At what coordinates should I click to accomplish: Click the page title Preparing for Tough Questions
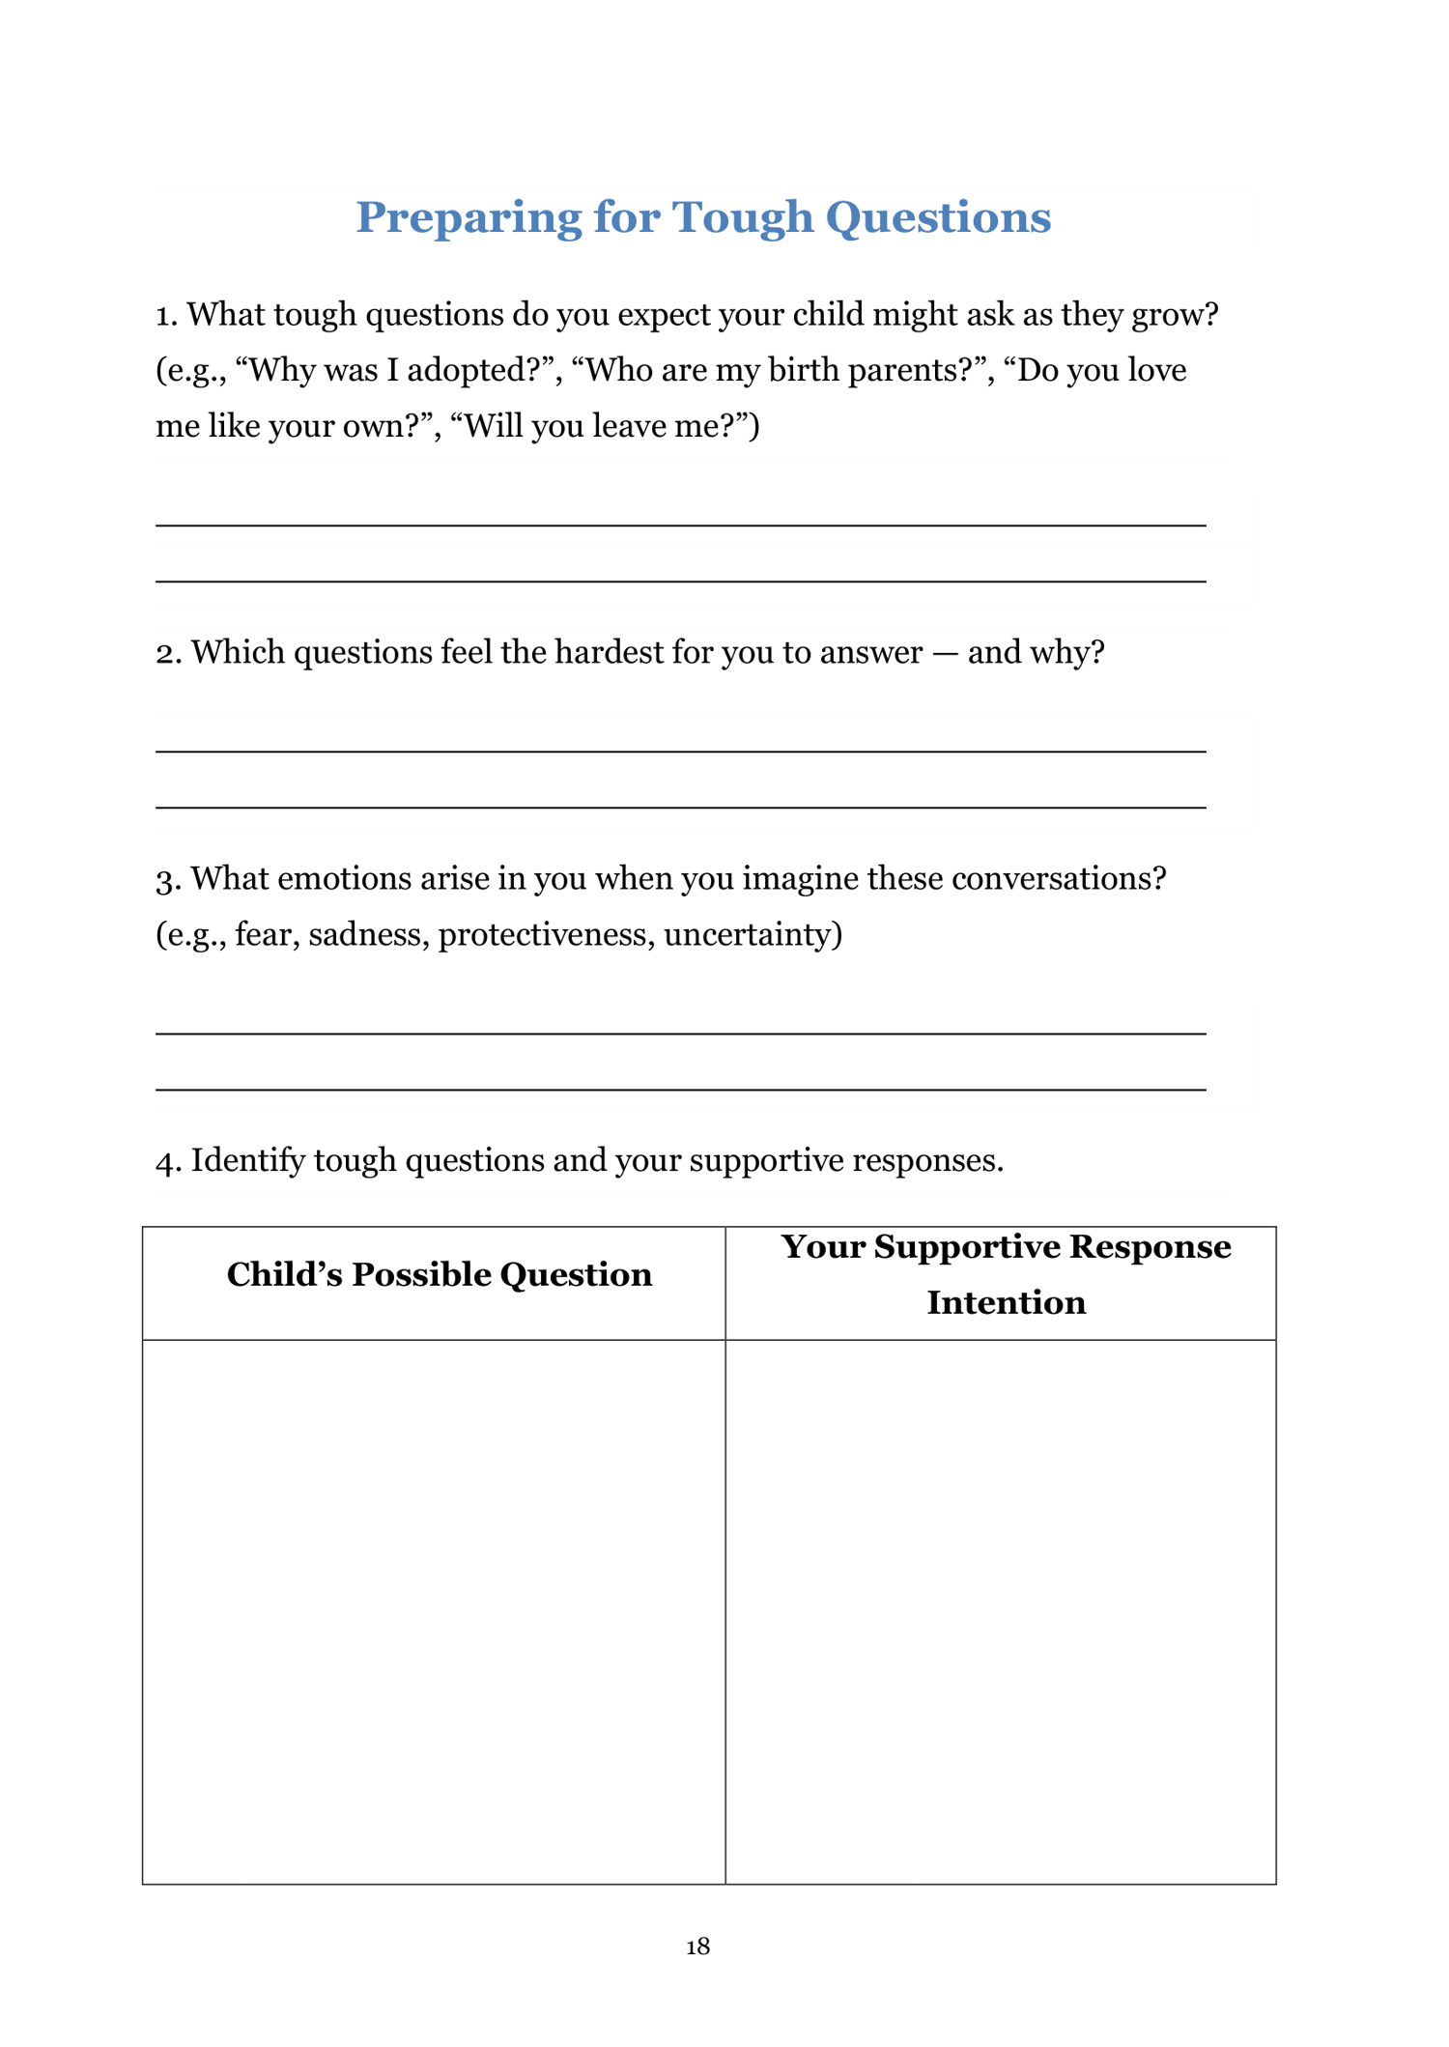[702, 217]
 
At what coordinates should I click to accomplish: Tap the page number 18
[697, 1947]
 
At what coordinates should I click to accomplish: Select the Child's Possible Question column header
[439, 1275]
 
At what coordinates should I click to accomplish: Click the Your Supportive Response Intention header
[1005, 1274]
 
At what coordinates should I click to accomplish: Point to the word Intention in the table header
[1006, 1303]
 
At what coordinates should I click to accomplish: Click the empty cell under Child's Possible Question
[434, 1610]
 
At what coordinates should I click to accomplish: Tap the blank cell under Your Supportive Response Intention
[1000, 1610]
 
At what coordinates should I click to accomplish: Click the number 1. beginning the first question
[167, 315]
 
